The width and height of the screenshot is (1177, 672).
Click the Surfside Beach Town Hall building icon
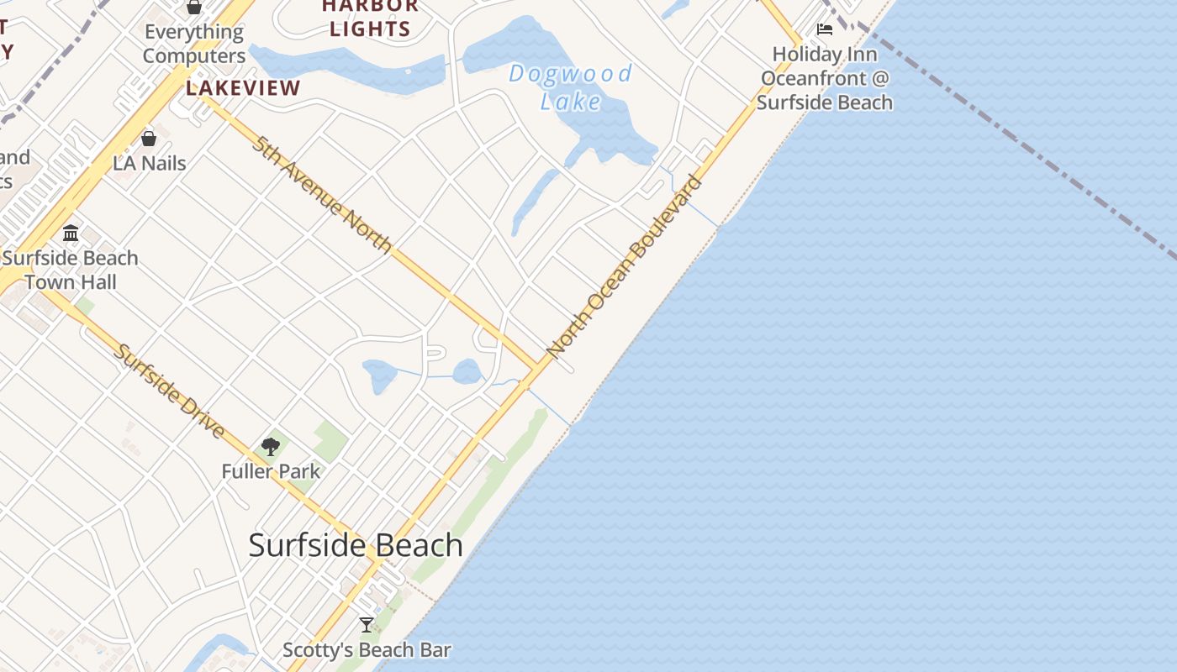click(71, 233)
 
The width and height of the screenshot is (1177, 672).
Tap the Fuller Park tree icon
click(271, 446)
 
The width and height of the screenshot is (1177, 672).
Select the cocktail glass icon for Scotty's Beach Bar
click(367, 624)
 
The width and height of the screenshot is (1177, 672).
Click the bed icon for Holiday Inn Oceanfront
click(825, 29)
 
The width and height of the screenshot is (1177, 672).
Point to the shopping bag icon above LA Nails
click(149, 138)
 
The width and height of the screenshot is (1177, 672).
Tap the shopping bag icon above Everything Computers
click(194, 7)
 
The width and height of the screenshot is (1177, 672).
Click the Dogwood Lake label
click(570, 87)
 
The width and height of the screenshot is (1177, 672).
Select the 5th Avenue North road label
click(322, 193)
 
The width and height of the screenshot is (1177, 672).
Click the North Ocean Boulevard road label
click(623, 265)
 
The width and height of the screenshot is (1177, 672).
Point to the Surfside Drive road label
click(170, 391)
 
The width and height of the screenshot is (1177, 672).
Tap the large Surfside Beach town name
click(356, 545)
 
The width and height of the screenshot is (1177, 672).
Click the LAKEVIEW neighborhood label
click(243, 88)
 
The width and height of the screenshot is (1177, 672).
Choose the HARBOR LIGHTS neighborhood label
click(370, 18)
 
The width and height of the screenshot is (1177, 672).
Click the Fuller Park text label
click(271, 471)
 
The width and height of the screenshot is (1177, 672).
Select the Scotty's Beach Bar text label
click(367, 650)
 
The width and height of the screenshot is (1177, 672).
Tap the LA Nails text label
click(150, 163)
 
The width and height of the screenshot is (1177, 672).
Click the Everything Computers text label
click(194, 44)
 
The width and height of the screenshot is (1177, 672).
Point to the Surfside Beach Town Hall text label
click(71, 270)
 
